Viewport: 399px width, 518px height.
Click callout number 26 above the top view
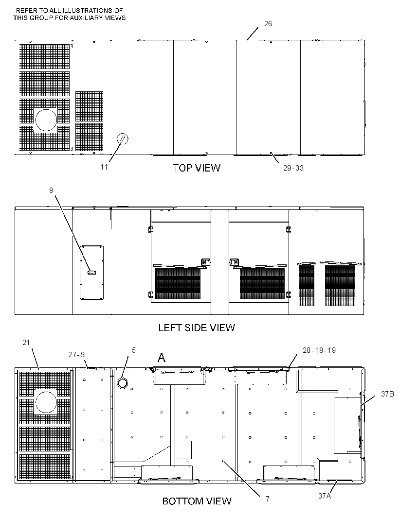pos(268,24)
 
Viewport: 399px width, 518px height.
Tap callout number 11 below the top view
pos(104,167)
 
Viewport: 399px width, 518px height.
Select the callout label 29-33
pos(293,168)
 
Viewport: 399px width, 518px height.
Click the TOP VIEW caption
pos(197,168)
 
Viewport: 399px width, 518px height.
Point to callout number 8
pos(51,190)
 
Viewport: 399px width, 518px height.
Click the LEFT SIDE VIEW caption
pos(197,328)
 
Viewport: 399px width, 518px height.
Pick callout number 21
pos(26,343)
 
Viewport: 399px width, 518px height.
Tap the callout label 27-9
pos(76,354)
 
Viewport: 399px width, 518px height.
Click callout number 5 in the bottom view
pos(134,350)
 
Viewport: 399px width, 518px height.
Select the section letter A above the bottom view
pos(162,358)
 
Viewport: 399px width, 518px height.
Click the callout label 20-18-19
pos(319,350)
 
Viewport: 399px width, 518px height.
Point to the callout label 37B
pos(387,394)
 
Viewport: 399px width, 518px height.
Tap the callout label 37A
pos(325,496)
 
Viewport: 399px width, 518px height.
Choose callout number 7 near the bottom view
pos(268,499)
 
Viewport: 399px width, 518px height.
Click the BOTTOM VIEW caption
pos(197,501)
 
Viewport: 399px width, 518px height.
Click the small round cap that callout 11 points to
pos(123,139)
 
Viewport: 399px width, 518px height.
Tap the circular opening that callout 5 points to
pos(123,383)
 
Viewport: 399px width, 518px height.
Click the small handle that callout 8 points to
pos(91,273)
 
